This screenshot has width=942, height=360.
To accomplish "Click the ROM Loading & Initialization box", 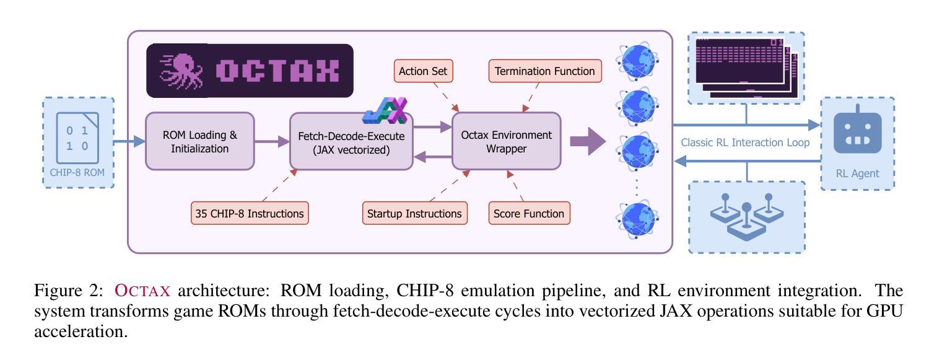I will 199,141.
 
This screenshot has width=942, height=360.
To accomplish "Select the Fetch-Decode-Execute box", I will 351,143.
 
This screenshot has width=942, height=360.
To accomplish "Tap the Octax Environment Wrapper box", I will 506,141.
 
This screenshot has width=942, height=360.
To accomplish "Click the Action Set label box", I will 423,71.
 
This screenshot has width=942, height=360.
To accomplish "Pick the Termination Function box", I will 545,71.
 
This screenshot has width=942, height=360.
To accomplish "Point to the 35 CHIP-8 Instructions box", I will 250,214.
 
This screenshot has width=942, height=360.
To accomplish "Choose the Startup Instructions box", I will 414,214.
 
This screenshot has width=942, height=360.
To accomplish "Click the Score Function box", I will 529,214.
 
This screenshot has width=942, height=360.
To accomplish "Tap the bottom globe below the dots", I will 637,219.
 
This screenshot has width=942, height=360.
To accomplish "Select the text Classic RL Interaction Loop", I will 745,143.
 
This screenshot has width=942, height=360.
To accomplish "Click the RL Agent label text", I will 857,173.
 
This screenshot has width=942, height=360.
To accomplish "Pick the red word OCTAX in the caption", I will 142,291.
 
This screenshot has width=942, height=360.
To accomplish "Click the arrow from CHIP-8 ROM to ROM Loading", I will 129,142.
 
